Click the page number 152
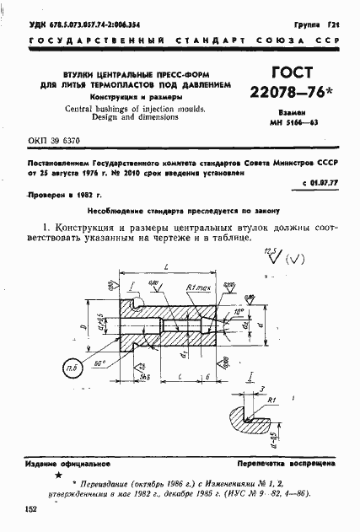(x=31, y=509)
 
